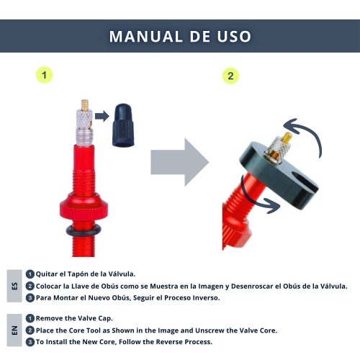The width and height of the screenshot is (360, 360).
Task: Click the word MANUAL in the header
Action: tap(146, 37)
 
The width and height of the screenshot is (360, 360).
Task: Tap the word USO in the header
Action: tap(234, 37)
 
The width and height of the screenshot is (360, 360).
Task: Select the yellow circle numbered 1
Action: tap(44, 75)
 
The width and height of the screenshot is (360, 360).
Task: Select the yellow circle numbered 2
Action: tap(230, 76)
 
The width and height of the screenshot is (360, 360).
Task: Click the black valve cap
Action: tap(123, 125)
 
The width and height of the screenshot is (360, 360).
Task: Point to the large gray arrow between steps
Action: tap(180, 162)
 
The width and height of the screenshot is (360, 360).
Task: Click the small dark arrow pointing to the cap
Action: tap(102, 116)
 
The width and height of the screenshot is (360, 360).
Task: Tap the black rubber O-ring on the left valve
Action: tap(84, 231)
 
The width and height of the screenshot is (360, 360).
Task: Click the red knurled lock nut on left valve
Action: tap(84, 206)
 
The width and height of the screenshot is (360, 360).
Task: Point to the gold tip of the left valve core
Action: tap(84, 105)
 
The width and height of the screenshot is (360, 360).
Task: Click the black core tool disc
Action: tap(279, 175)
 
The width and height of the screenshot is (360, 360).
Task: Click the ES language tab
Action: tap(14, 286)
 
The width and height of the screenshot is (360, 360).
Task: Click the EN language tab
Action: tap(14, 330)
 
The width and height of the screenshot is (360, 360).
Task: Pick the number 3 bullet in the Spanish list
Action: tap(30, 298)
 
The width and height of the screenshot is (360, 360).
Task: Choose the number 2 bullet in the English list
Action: tap(30, 330)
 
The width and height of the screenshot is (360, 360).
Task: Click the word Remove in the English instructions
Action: tap(49, 318)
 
